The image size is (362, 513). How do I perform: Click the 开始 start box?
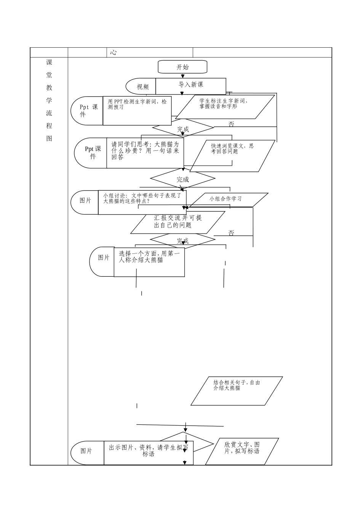pos(183,67)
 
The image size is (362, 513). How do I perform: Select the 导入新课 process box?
pos(191,86)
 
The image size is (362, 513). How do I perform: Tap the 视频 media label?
pos(143,87)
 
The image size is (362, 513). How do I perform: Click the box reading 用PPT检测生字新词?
pos(137,111)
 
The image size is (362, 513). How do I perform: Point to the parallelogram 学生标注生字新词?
pos(225,107)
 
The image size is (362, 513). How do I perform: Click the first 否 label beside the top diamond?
pos(231,124)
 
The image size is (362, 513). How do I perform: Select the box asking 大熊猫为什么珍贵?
pos(145,153)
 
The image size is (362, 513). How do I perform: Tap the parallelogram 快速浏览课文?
pos(232,156)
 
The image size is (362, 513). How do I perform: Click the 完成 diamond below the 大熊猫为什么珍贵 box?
pos(183,178)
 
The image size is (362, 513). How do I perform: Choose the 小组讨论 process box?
pos(142,202)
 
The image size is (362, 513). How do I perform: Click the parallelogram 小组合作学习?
pos(229,200)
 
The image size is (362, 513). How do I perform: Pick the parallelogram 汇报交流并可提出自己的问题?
pos(178,223)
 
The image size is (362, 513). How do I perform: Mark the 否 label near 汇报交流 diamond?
pos(231,233)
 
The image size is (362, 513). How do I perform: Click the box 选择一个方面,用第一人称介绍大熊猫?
pos(149,262)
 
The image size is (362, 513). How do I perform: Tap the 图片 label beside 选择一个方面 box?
pos(104,258)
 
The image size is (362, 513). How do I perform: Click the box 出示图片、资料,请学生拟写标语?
pos(149,453)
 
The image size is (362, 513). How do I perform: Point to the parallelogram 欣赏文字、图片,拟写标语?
pos(242,452)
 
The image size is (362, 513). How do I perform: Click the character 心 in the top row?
pos(113,52)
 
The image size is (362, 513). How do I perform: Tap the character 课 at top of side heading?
pos(49,62)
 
